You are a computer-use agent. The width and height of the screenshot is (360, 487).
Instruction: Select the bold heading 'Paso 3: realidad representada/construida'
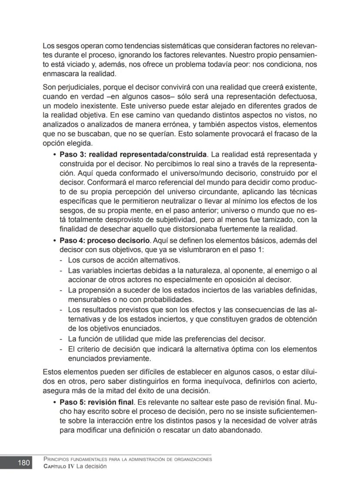[x=133, y=154]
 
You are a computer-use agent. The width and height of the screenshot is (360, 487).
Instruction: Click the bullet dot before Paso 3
[x=54, y=154]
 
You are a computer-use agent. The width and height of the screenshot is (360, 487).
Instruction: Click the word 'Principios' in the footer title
[x=57, y=460]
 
